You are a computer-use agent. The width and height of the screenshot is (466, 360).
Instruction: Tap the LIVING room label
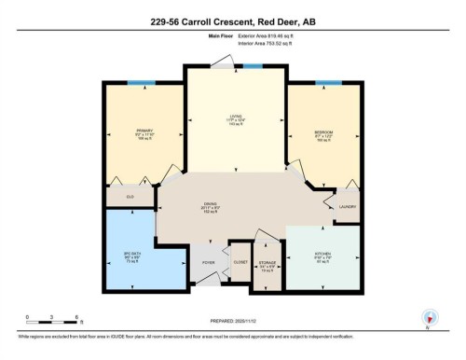(x=236, y=117)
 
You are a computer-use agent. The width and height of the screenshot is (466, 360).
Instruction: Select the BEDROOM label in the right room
(x=323, y=133)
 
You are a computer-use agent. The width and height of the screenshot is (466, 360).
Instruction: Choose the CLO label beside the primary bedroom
(x=130, y=197)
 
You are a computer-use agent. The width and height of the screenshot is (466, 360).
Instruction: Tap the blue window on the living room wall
(x=253, y=66)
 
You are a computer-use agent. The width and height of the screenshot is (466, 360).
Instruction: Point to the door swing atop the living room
(x=220, y=60)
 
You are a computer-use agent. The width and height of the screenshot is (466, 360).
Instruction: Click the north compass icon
(x=429, y=317)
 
